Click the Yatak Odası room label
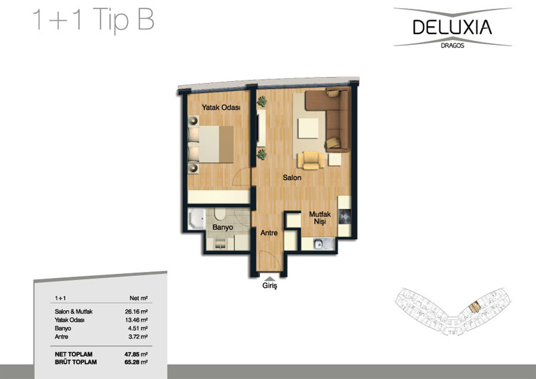click(x=221, y=107)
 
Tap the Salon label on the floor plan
click(x=292, y=177)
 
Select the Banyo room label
click(x=222, y=227)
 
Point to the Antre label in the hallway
click(x=269, y=233)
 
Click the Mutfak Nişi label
click(x=320, y=218)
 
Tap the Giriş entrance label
click(x=270, y=286)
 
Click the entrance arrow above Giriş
click(x=270, y=278)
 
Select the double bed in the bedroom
click(x=211, y=144)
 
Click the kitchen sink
click(x=323, y=244)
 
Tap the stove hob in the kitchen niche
click(x=344, y=217)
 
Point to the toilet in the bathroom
click(x=219, y=214)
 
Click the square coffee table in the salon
click(x=308, y=128)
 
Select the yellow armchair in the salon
click(x=311, y=160)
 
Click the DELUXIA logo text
click(x=452, y=27)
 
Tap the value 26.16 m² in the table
click(x=136, y=311)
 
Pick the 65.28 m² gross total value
click(x=136, y=362)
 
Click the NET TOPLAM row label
click(x=74, y=354)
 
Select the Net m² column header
click(x=139, y=298)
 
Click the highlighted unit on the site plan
click(x=474, y=307)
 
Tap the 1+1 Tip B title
click(x=93, y=19)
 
